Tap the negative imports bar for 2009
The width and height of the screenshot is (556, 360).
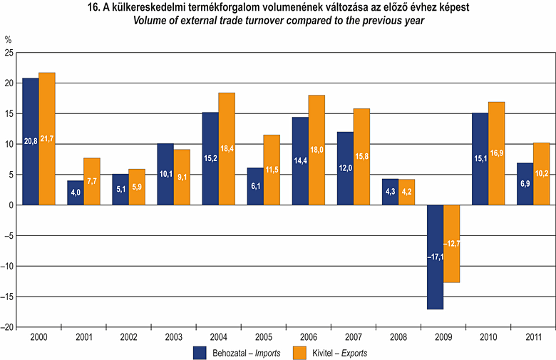pos(435,257)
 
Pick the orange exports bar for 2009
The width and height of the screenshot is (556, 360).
pos(452,243)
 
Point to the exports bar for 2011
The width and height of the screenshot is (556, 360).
pos(541,174)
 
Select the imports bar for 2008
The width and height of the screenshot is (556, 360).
pos(390,192)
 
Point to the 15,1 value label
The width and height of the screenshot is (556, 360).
pos(480,168)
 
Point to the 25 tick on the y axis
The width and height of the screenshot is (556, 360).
pos(9,53)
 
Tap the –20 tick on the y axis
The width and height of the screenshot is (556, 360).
pos(7,327)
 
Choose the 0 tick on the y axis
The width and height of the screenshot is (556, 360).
pos(11,205)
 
